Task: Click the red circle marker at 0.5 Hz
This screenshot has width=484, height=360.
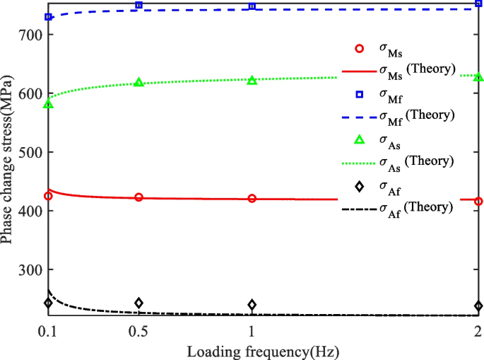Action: click(138, 197)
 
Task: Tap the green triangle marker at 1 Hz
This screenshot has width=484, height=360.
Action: click(252, 80)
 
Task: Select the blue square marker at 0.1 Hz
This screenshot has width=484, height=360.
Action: click(48, 16)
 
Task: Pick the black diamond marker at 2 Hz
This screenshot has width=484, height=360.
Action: click(478, 306)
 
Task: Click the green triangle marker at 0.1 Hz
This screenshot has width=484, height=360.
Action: click(48, 104)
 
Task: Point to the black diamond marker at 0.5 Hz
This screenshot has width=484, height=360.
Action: click(138, 303)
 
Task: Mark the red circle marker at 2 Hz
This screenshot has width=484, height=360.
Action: click(478, 201)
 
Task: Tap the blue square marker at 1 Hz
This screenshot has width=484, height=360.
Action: click(252, 6)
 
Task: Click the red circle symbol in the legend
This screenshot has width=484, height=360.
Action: click(358, 49)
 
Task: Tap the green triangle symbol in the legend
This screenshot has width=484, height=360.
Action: click(358, 139)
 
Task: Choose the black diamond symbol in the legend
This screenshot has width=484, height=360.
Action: click(358, 186)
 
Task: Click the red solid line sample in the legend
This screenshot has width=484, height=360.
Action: click(358, 71)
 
